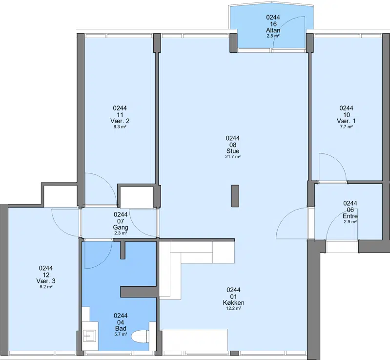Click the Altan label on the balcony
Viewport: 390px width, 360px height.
click(273, 30)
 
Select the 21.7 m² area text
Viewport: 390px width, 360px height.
click(233, 157)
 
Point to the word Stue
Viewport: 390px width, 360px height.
click(233, 151)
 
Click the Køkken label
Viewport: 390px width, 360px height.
click(233, 303)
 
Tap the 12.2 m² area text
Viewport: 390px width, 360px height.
click(233, 308)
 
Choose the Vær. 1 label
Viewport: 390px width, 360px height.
click(346, 121)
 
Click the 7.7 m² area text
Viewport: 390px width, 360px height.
click(346, 127)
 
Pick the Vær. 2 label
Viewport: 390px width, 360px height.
click(120, 121)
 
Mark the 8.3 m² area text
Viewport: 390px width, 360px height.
click(120, 127)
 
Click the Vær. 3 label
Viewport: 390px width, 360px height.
click(46, 281)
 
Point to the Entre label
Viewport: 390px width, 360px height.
click(350, 216)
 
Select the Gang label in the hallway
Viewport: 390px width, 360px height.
click(121, 227)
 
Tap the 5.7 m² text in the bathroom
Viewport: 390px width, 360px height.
click(121, 334)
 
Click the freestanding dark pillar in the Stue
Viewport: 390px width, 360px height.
click(235, 196)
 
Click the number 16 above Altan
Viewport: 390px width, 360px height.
click(273, 24)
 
